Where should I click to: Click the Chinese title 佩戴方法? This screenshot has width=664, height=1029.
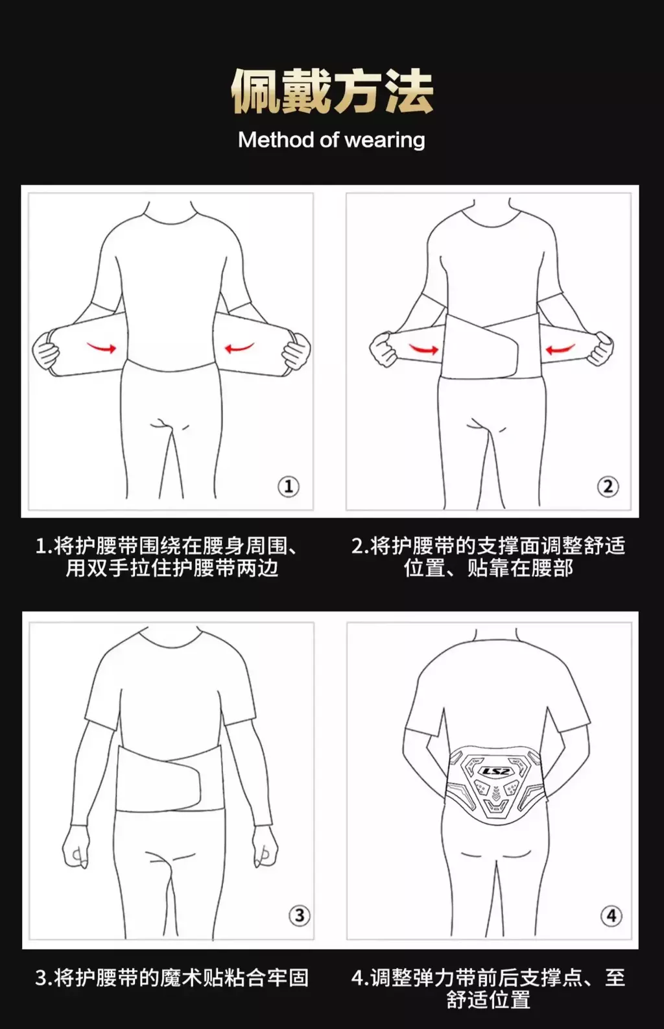coord(332,91)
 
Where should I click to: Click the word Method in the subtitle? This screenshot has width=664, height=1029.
coord(276,140)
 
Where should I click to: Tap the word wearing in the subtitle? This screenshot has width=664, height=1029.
coord(385,140)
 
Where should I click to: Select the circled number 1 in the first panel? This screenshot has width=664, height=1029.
coord(289,486)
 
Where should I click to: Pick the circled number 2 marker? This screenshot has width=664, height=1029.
coord(608,486)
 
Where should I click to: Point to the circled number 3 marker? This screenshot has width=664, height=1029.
coord(299,915)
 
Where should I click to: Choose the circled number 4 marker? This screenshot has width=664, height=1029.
coord(611,915)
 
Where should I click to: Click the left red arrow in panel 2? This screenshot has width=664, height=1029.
coord(424,349)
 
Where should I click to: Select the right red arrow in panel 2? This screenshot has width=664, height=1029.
coord(560,349)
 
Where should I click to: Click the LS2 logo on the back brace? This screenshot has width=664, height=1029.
coord(495,771)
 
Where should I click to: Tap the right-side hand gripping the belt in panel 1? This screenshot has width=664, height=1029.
coord(296,351)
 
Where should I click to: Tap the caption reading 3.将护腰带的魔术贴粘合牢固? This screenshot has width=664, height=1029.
coord(172,978)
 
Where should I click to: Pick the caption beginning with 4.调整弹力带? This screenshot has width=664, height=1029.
coord(488,988)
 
